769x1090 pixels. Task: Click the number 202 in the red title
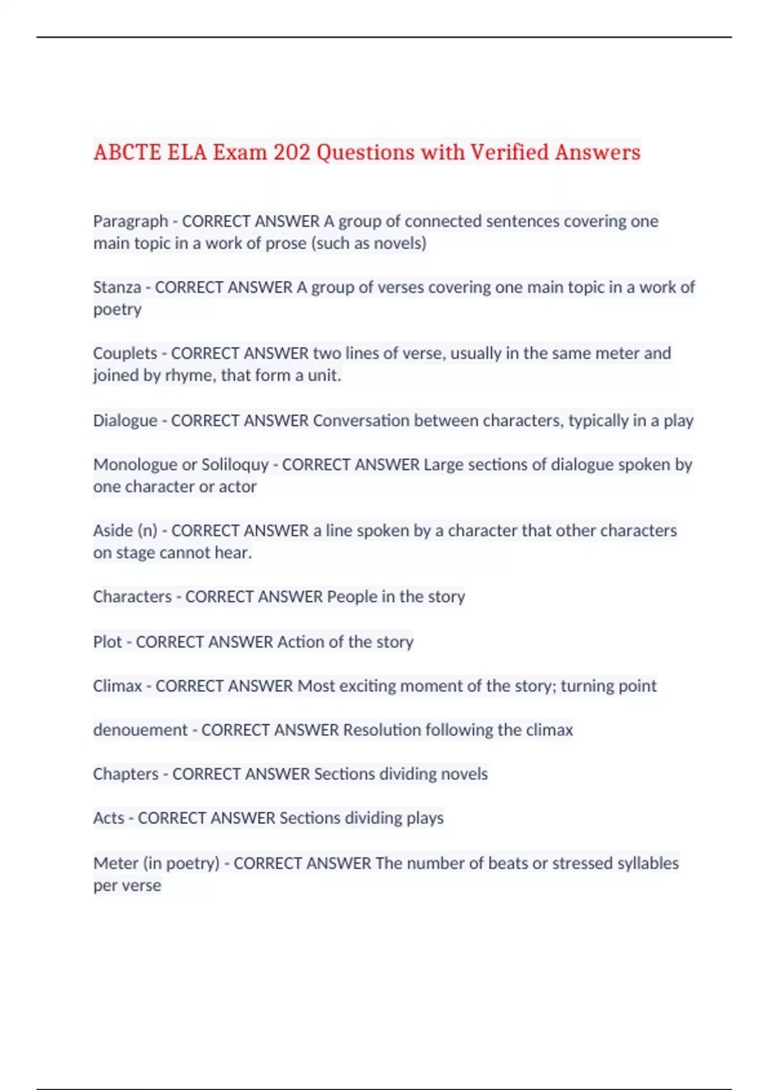click(292, 153)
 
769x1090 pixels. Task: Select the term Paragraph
click(130, 221)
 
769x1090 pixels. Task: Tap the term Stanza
click(117, 287)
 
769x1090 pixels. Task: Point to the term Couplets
click(125, 353)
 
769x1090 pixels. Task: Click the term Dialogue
click(125, 421)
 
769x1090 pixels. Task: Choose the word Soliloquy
click(235, 465)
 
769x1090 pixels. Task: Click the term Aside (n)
click(125, 531)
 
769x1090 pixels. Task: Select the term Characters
click(132, 597)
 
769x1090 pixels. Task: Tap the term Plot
click(107, 642)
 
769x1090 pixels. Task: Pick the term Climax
click(117, 686)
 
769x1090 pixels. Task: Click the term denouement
click(140, 730)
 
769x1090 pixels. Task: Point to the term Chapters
click(126, 774)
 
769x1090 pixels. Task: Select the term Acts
click(108, 818)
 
